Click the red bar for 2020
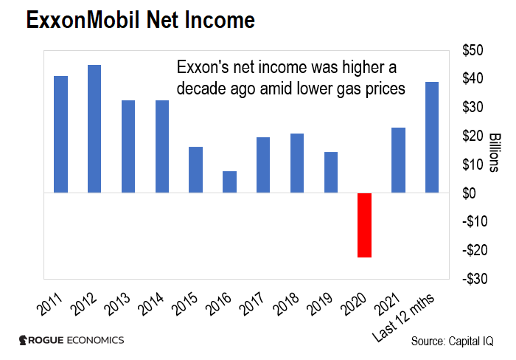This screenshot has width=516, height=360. tap(365, 225)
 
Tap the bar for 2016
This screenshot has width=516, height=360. tap(230, 182)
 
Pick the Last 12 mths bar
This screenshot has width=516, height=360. tap(433, 137)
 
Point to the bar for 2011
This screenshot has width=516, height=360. tap(60, 134)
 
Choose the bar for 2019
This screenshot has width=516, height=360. tap(331, 173)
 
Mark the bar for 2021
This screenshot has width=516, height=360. tap(399, 160)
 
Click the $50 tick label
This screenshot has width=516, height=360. tap(472, 50)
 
